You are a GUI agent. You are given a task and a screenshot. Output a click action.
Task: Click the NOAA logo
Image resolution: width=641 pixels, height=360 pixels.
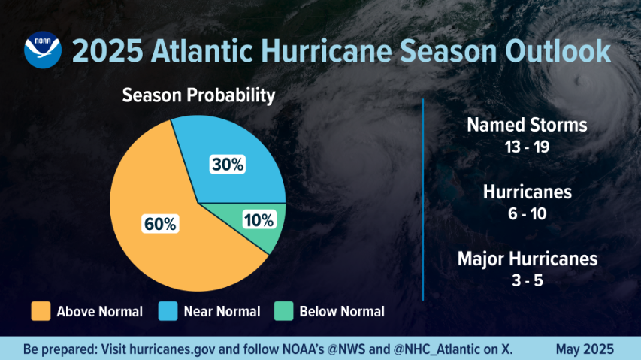coord(43,51)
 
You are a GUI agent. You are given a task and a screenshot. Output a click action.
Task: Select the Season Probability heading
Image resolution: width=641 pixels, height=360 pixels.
coord(198,95)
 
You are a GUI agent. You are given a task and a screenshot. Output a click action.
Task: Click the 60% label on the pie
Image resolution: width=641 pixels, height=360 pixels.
coord(159,224)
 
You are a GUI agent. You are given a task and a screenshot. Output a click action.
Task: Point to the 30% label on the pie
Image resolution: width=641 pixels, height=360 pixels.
coord(227,165)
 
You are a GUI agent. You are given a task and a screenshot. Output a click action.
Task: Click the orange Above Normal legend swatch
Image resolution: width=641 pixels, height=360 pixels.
coord(41,311)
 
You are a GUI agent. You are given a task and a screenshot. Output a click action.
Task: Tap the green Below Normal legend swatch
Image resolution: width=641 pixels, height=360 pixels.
coord(283,311)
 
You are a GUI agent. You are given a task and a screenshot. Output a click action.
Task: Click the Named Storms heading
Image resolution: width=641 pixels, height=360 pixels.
coord(526,125)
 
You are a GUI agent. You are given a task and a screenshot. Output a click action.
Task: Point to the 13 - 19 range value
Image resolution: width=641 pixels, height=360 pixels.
coord(526,146)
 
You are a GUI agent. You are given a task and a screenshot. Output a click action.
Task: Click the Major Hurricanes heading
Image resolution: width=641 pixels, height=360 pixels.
coord(527,259)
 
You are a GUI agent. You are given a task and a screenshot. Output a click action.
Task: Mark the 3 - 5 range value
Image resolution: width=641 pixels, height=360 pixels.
coord(526,281)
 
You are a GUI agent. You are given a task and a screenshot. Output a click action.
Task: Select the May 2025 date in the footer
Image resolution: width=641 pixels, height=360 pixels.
coord(585,349)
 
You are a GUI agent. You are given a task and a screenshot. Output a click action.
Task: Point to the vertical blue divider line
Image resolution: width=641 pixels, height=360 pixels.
coord(424,199)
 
